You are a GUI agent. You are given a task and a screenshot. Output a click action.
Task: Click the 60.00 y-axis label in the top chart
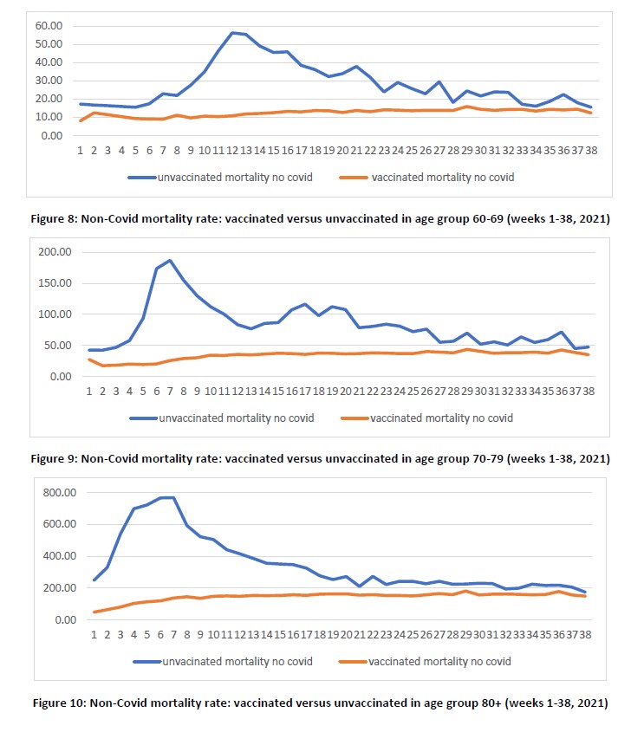[x=49, y=26]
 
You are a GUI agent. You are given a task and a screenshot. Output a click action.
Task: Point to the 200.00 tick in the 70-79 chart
[x=56, y=252]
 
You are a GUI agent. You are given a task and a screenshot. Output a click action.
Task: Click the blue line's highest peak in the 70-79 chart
[x=170, y=260]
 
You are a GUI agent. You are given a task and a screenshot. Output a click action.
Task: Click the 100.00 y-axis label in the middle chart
[x=56, y=314]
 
